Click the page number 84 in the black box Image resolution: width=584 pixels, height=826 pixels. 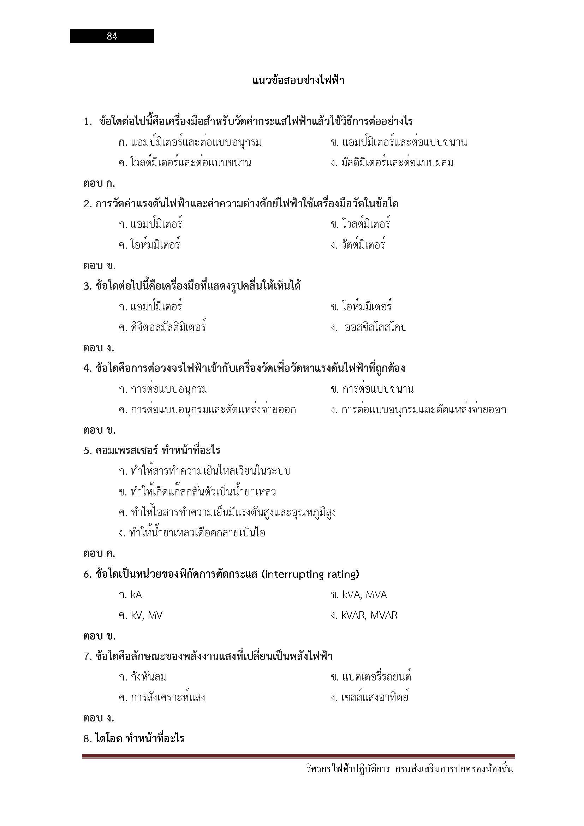[x=112, y=36]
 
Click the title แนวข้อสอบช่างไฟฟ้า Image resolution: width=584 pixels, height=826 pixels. [x=298, y=80]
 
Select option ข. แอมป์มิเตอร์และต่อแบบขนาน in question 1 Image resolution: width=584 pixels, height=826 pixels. [x=398, y=142]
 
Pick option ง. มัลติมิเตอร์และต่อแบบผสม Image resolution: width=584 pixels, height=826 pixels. [x=392, y=163]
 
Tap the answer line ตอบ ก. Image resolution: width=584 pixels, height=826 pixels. [x=99, y=184]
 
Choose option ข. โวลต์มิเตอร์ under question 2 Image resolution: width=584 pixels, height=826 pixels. [x=360, y=224]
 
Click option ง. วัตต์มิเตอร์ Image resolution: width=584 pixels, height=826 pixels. [x=358, y=245]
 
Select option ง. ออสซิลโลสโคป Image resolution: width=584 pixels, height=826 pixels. [x=369, y=327]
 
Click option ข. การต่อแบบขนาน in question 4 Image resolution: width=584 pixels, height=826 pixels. [x=372, y=389]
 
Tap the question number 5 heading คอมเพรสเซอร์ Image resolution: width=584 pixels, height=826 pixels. [x=152, y=450]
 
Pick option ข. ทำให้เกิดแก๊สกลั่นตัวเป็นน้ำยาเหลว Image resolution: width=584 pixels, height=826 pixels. [x=197, y=492]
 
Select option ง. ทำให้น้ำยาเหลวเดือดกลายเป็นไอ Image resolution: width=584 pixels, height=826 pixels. [x=192, y=533]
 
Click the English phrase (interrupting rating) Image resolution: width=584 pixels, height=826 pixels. [x=310, y=574]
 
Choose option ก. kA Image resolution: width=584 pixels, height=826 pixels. [x=130, y=595]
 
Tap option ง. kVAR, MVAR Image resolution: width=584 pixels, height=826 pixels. [x=364, y=615]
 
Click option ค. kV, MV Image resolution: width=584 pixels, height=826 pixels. [x=140, y=615]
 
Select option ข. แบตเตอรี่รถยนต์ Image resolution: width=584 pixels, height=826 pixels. [x=371, y=677]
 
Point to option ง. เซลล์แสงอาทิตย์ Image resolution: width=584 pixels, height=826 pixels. [x=369, y=697]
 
